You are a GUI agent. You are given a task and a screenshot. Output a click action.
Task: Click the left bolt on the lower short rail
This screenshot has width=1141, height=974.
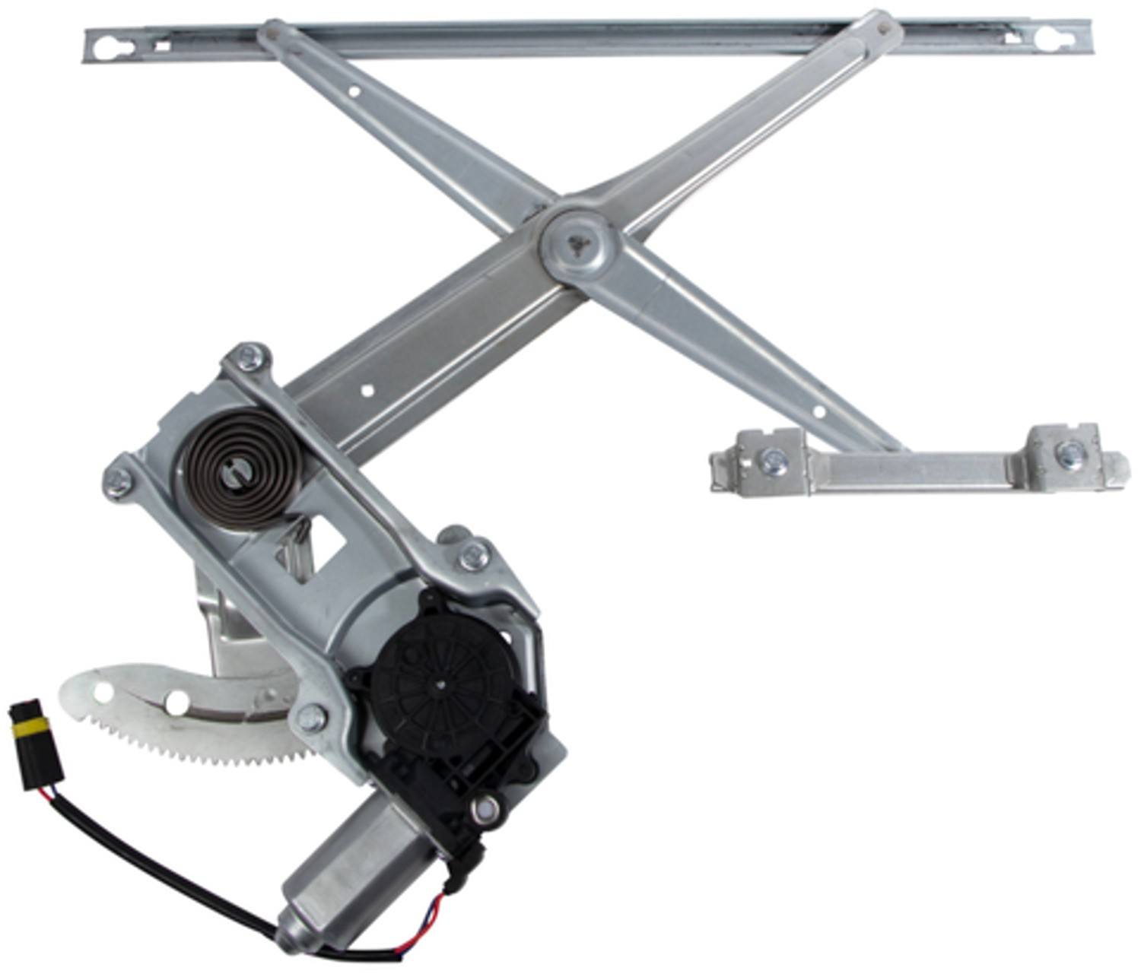tap(774, 461)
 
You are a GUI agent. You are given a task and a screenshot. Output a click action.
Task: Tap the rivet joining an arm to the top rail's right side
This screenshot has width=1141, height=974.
tap(882, 24)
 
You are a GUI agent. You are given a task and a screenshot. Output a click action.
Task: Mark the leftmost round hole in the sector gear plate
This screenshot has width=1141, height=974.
tap(101, 692)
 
